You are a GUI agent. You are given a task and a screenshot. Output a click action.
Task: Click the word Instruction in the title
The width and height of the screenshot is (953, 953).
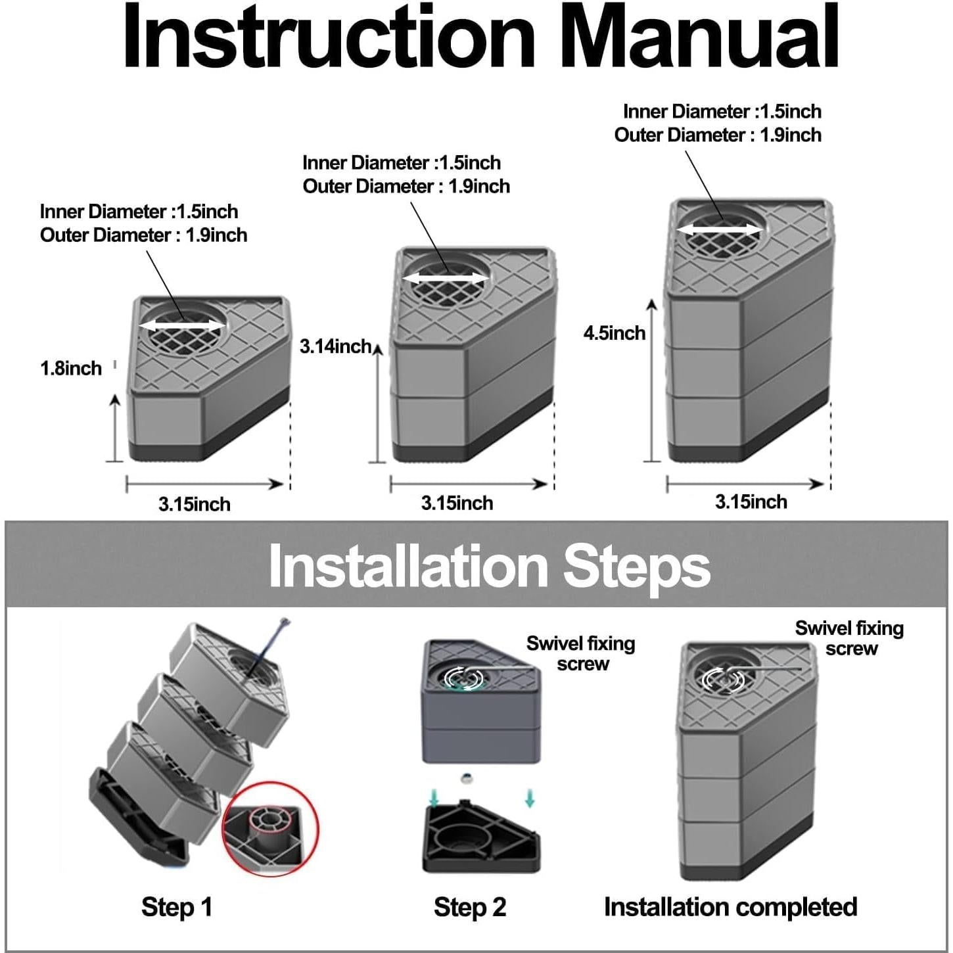[329, 37]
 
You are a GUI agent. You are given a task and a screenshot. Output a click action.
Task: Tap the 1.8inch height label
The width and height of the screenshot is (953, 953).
[71, 369]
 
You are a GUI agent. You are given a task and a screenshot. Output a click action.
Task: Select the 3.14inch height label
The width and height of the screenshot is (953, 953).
[335, 346]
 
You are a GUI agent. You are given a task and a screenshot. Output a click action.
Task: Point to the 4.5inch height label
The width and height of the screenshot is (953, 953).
[615, 333]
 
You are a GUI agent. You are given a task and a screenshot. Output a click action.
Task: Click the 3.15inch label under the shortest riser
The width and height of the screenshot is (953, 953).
[195, 505]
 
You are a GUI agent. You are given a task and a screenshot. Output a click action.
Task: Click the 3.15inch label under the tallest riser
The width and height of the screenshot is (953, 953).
[751, 502]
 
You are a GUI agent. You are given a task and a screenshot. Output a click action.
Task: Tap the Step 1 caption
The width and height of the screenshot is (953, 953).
[177, 906]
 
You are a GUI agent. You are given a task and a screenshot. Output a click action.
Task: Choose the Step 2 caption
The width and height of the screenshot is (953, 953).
[470, 907]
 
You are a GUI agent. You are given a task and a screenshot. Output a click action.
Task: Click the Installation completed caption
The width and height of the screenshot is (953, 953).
[731, 907]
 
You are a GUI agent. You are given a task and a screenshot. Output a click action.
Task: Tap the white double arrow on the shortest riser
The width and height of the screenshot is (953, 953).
[182, 325]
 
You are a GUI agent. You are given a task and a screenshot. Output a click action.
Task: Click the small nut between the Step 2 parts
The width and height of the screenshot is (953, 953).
[465, 778]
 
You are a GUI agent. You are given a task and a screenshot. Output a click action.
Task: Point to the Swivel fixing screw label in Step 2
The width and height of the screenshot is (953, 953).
[581, 653]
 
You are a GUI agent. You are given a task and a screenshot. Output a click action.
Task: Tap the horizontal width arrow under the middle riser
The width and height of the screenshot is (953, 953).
[469, 484]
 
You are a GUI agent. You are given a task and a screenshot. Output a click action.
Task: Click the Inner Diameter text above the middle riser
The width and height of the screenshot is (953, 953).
[401, 163]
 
